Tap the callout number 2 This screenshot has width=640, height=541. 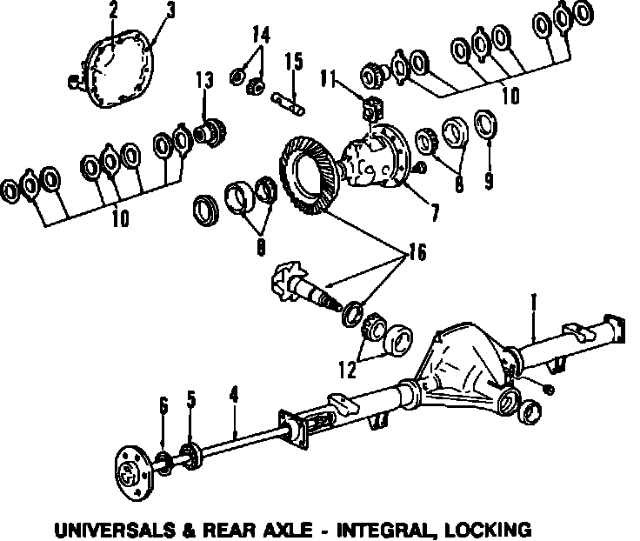[114, 10]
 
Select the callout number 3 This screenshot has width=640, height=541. [170, 10]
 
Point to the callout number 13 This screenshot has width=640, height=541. [203, 81]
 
